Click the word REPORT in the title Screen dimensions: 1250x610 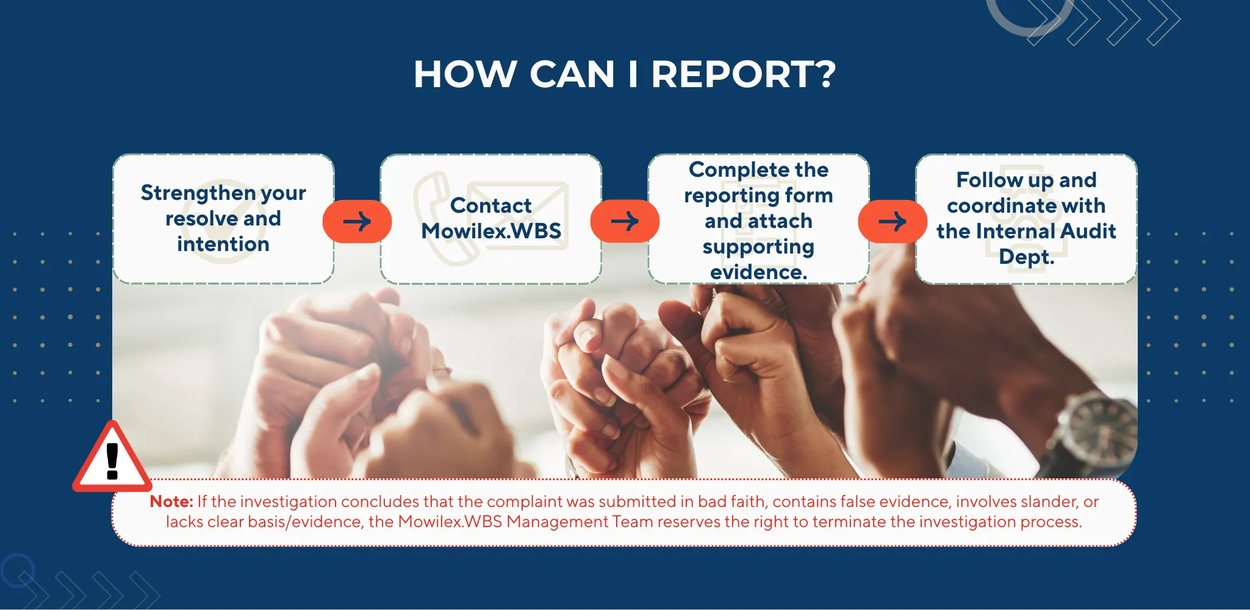(x=732, y=74)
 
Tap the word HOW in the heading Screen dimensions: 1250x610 (x=465, y=74)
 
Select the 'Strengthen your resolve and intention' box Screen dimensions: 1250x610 (x=223, y=219)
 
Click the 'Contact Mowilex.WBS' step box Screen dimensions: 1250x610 (x=491, y=219)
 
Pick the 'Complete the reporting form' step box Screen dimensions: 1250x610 (x=758, y=219)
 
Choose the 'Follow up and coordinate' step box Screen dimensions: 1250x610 (x=1026, y=219)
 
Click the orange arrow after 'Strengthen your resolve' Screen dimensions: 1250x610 (x=357, y=221)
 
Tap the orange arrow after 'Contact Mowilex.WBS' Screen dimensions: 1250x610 (x=625, y=221)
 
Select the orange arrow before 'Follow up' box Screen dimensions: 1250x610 (x=893, y=221)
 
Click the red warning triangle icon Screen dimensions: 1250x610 (x=112, y=458)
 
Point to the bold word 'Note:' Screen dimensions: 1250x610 (x=171, y=502)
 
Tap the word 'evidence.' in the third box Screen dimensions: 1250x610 (x=758, y=272)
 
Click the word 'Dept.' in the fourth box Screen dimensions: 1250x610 (x=1026, y=257)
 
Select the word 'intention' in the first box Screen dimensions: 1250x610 (x=223, y=244)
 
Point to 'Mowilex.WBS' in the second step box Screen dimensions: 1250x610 (x=491, y=232)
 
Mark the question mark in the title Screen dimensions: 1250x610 (x=825, y=74)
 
